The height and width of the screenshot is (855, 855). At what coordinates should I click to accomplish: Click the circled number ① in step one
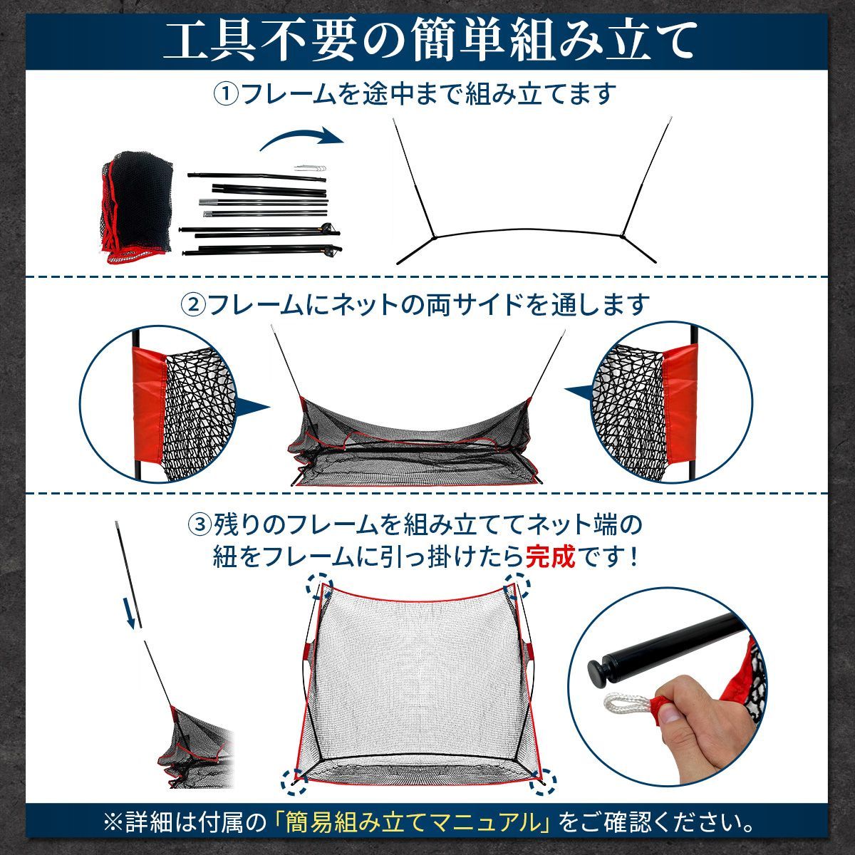tap(227, 95)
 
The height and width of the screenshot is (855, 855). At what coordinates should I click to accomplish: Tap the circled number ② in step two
tap(193, 304)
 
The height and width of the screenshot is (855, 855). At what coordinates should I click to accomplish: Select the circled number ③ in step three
tap(200, 525)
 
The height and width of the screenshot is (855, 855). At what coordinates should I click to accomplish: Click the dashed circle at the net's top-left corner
tap(319, 585)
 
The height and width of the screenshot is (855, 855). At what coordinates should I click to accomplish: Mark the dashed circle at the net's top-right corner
tap(517, 585)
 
